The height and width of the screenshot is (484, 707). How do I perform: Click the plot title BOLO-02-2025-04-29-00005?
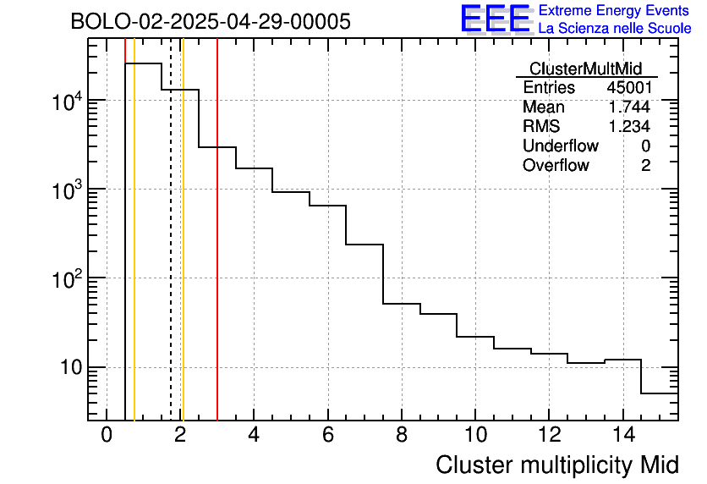click(210, 22)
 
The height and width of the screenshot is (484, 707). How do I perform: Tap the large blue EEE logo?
click(496, 19)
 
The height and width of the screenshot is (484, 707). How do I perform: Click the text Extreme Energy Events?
click(615, 11)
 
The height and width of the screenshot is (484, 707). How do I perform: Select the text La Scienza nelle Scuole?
click(615, 29)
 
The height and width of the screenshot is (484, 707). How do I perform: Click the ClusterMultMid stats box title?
click(585, 69)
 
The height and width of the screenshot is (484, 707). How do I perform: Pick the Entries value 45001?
click(628, 88)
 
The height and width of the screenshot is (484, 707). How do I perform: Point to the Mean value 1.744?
click(628, 107)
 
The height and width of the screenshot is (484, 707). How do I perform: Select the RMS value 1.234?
click(628, 127)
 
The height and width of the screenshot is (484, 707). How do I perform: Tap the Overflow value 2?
click(645, 166)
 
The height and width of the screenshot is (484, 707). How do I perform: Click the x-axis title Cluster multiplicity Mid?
click(557, 465)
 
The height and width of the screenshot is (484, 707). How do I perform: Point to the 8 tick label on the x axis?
click(402, 436)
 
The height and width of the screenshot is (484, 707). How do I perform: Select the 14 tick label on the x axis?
click(622, 436)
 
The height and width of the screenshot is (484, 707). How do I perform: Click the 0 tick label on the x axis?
click(107, 436)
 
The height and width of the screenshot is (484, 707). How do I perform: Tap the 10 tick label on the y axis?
click(68, 368)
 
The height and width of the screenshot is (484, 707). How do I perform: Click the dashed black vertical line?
click(171, 254)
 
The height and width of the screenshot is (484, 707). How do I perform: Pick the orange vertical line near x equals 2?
click(183, 254)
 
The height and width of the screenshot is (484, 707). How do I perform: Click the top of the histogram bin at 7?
click(364, 245)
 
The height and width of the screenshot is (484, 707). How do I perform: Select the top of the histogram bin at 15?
click(660, 393)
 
